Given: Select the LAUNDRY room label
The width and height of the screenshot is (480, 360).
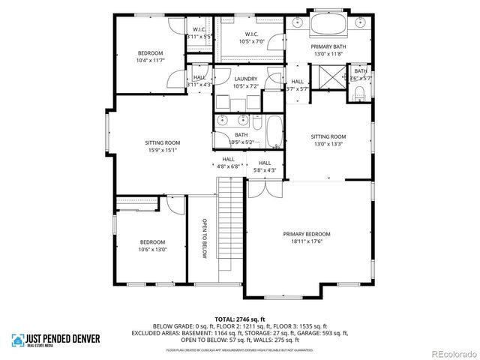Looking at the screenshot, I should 245,79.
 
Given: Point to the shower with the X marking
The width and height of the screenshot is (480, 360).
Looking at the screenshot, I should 329,78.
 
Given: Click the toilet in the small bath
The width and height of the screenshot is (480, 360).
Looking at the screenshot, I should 358,93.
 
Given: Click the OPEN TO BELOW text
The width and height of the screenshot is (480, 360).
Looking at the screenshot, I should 204,239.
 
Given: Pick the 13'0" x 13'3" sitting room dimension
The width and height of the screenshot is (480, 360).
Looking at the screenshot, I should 328,144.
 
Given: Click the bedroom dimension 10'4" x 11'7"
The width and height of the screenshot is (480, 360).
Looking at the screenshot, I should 150,61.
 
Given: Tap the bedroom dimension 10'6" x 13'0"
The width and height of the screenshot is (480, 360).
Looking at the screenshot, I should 153,250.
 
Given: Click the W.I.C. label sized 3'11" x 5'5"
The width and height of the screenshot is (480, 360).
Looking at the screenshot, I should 199,35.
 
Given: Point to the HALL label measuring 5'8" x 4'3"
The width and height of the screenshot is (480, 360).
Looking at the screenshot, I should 265,170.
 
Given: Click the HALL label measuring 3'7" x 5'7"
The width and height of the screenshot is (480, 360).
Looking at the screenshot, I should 298,89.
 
